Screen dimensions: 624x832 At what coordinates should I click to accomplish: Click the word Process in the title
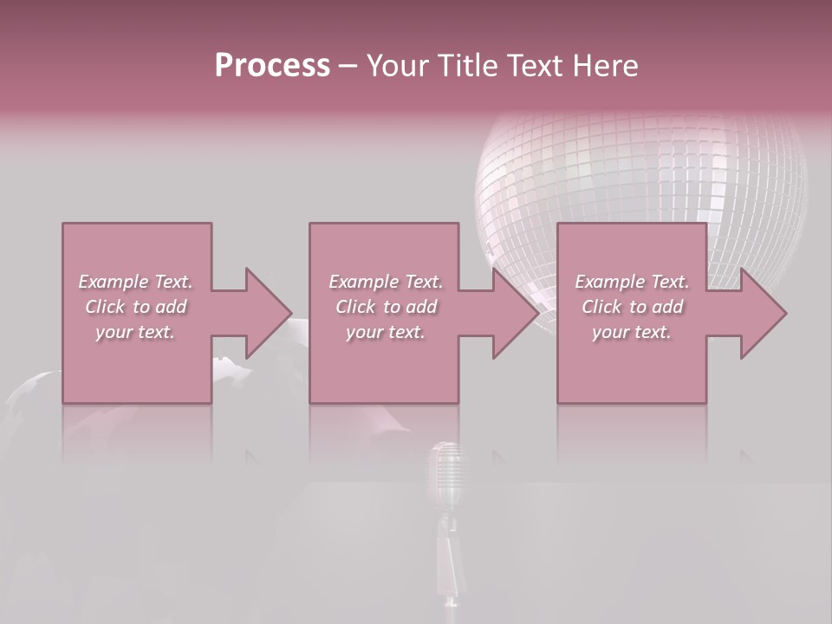(272, 65)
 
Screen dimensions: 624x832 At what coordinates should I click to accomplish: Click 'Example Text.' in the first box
(135, 282)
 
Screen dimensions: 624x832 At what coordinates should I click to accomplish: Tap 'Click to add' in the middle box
(386, 307)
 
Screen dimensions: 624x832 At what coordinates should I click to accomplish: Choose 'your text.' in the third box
(632, 332)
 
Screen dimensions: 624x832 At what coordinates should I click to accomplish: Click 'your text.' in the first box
(135, 332)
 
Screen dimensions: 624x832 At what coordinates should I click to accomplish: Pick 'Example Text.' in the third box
(632, 282)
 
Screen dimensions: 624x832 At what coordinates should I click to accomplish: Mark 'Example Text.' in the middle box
(386, 282)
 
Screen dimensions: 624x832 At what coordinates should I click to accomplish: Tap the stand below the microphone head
(449, 555)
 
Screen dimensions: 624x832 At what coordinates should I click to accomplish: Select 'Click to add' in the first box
(135, 307)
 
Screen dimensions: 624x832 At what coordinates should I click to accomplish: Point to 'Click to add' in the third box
(632, 307)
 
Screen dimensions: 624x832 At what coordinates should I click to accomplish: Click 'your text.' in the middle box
(386, 332)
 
